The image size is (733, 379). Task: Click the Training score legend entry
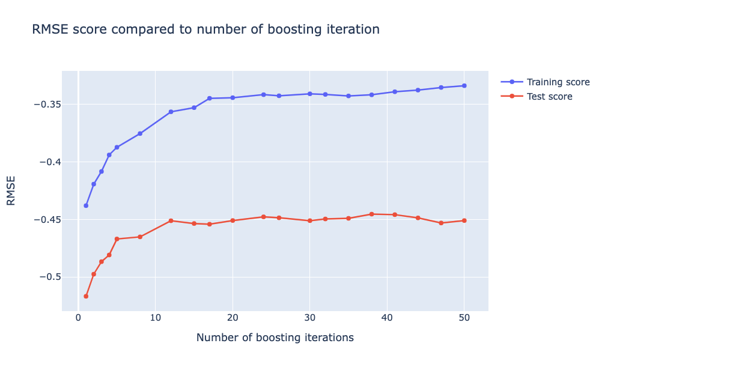pos(558,82)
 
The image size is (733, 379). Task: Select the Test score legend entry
pos(549,97)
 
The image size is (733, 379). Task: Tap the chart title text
pos(205,29)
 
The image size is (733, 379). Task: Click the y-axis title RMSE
pos(11,191)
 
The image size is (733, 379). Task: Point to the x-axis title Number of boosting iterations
pos(275,338)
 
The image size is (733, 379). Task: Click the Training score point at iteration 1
pos(86,205)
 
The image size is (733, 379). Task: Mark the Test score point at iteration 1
pos(86,296)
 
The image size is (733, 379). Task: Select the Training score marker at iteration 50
pos(464,86)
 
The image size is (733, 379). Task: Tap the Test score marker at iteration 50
pos(464,220)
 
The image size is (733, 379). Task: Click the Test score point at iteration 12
pos(171,220)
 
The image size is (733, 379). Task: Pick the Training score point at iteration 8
pos(140,133)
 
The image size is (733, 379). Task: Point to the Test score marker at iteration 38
pos(371,214)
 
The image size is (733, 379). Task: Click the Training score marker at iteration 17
pos(209,99)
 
